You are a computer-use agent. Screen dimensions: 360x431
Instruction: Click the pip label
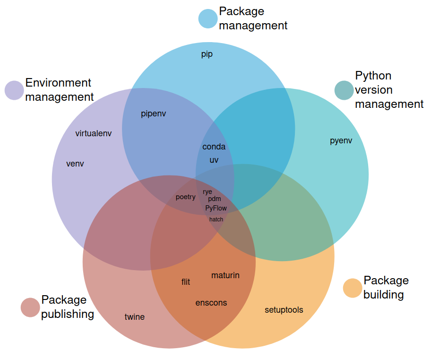pos(207,54)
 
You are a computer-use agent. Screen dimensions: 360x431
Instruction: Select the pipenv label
pos(154,114)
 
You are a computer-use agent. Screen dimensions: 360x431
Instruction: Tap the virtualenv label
pos(94,133)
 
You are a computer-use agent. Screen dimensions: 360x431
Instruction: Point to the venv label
pos(75,164)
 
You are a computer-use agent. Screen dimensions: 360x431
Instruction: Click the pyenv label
pos(341,140)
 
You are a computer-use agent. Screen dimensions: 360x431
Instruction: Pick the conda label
pos(214,147)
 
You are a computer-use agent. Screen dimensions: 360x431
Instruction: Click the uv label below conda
pos(214,160)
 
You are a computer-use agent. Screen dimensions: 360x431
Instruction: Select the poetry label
pos(185,197)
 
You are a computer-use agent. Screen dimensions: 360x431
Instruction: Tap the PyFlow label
pos(216,208)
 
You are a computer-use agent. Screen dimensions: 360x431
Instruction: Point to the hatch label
pos(216,219)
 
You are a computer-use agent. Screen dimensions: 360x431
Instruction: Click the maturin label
pos(225,275)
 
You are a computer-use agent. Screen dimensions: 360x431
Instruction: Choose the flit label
pos(186,282)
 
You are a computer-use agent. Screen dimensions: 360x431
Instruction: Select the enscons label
pos(211,303)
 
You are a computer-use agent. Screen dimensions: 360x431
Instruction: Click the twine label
pos(135,317)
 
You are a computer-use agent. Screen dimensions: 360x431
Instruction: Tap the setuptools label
pos(284,310)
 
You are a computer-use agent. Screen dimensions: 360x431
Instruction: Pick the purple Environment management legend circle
pos(14,90)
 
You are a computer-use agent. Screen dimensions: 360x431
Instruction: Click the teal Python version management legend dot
pos(344,90)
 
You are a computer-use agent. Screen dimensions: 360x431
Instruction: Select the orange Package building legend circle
pos(352,288)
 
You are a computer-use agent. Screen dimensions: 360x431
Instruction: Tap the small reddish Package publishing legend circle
pos(30,307)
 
